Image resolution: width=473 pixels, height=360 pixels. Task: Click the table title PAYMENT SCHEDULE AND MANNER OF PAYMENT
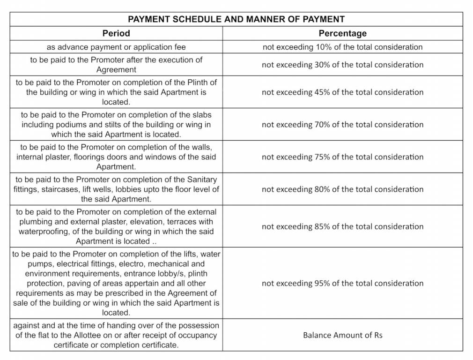click(236, 19)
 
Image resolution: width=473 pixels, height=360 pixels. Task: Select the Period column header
click(116, 33)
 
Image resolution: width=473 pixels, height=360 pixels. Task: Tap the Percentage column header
click(342, 33)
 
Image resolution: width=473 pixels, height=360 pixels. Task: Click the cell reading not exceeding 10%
click(342, 47)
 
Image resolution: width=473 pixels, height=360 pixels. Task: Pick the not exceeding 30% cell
click(342, 65)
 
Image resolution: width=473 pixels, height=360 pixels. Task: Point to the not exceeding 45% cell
click(342, 92)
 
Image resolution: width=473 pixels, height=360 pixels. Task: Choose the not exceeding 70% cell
click(342, 124)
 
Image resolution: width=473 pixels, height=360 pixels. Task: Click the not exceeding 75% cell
click(342, 157)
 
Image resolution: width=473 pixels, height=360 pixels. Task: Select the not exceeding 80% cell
click(342, 189)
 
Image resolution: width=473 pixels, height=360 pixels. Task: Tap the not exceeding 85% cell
click(342, 226)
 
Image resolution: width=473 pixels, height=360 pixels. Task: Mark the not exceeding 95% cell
click(342, 283)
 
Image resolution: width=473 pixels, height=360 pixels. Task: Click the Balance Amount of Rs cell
click(342, 335)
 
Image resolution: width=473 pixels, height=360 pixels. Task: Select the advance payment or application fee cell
click(116, 47)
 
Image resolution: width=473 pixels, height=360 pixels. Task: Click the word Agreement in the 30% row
click(116, 70)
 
